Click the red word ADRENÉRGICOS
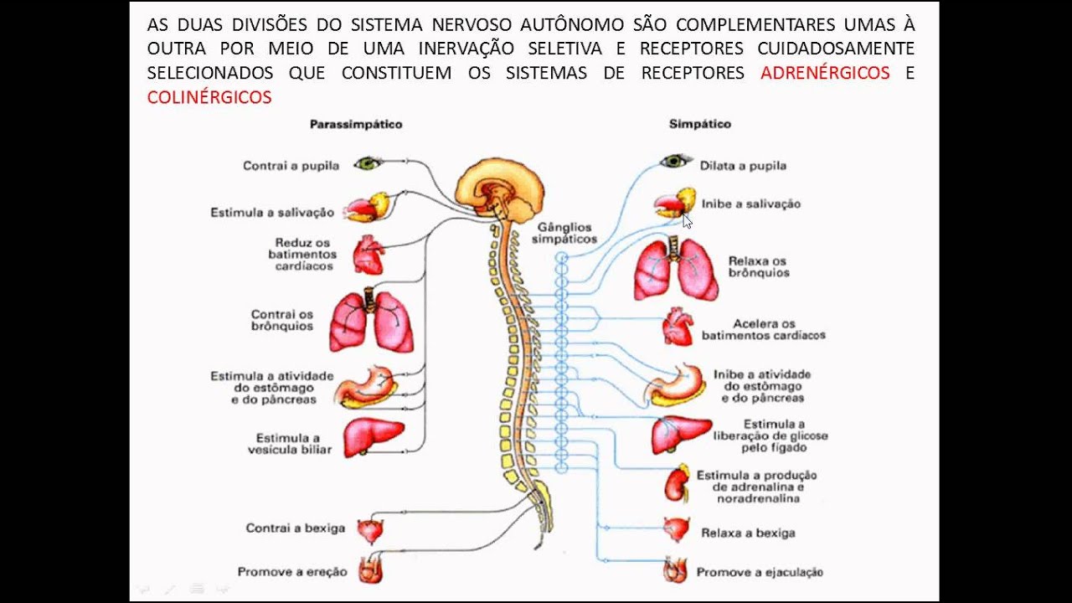[x=825, y=73]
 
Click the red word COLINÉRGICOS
[x=209, y=98]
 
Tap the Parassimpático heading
[x=356, y=124]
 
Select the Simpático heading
[x=699, y=124]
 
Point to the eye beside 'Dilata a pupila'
[x=675, y=161]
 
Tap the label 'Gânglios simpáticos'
[x=564, y=233]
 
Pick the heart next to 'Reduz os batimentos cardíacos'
[x=368, y=254]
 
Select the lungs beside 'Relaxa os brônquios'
[x=675, y=270]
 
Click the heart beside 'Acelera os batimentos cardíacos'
[x=678, y=327]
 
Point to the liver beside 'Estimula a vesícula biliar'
[x=373, y=436]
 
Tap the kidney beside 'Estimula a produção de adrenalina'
[x=677, y=483]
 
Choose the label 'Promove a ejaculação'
[x=760, y=573]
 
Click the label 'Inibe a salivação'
[x=750, y=204]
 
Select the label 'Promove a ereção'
[x=291, y=572]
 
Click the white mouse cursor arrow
[x=687, y=221]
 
